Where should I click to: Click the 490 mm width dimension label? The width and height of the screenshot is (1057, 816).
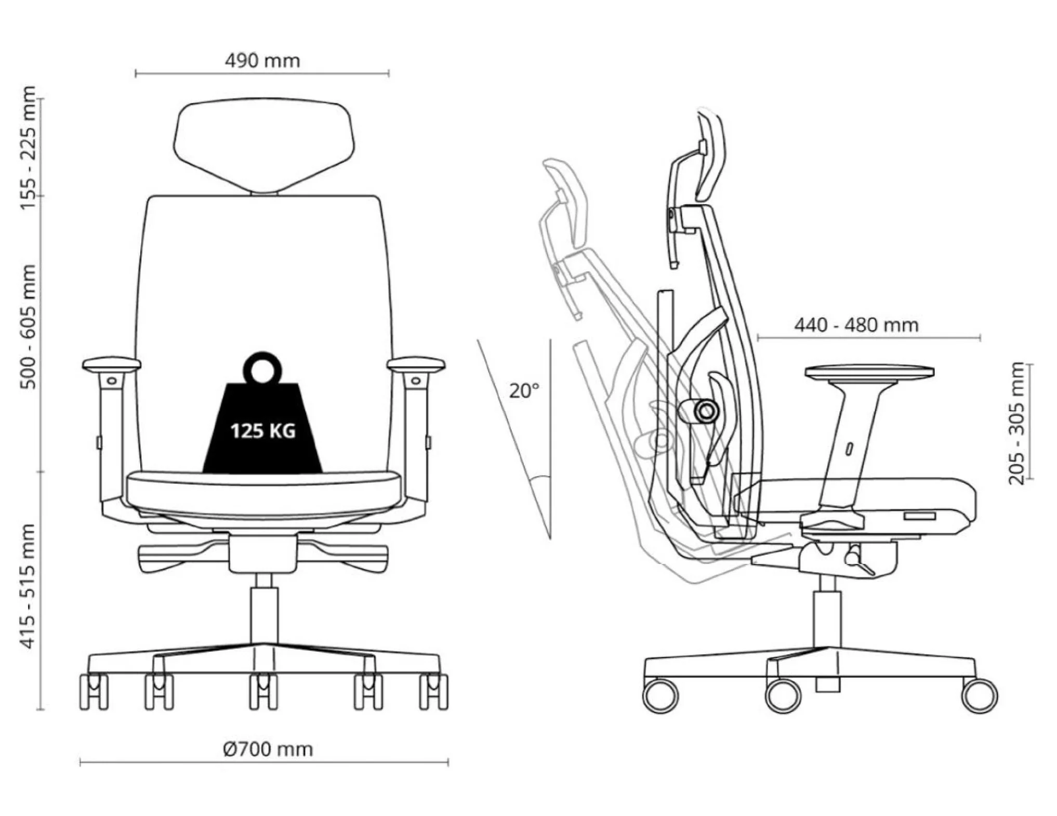[x=262, y=61]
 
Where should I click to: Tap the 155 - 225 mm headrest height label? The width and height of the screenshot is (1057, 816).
[x=28, y=148]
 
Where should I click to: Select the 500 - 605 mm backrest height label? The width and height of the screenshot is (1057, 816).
[x=28, y=326]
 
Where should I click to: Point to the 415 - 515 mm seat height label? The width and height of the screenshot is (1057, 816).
[x=28, y=586]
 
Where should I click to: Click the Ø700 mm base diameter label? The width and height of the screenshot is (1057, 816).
[x=268, y=749]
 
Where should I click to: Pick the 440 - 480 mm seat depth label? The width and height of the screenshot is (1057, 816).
[x=856, y=325]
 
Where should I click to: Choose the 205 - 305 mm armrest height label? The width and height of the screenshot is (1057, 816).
[x=1016, y=423]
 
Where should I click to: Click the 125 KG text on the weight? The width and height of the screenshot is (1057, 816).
[x=263, y=431]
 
